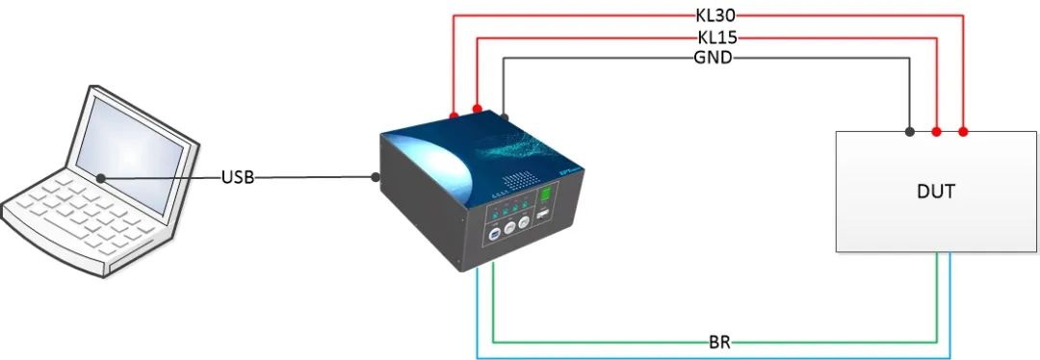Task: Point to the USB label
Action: tap(238, 178)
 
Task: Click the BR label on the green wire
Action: tap(718, 342)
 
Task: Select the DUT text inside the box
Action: tap(936, 192)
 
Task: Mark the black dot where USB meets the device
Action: tap(376, 178)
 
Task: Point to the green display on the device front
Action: tap(546, 200)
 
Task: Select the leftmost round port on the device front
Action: tap(494, 233)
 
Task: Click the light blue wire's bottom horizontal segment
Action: tap(713, 356)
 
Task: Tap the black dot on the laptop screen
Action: tap(101, 177)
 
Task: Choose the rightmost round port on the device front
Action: tap(524, 222)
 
